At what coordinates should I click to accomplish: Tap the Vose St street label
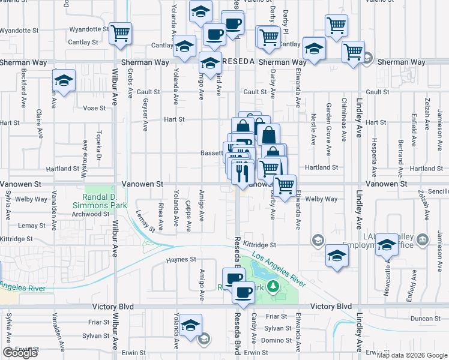(94, 108)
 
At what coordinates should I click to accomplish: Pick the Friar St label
(278, 316)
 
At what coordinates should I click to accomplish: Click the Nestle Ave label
(313, 130)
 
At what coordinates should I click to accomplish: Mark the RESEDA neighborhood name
(239, 62)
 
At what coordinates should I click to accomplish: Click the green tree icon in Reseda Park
(274, 286)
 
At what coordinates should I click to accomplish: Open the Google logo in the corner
(20, 353)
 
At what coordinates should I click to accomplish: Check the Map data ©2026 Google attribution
(412, 355)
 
